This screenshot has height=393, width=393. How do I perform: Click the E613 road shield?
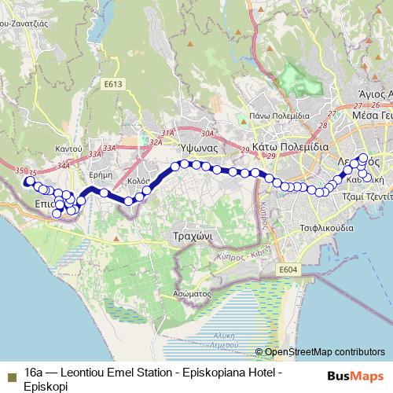click(x=114, y=84)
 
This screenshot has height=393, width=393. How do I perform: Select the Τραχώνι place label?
click(x=190, y=236)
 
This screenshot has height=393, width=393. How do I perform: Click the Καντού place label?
click(x=68, y=149)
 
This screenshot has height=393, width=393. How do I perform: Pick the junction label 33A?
click(x=108, y=147)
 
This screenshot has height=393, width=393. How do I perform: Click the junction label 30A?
click(x=207, y=134)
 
